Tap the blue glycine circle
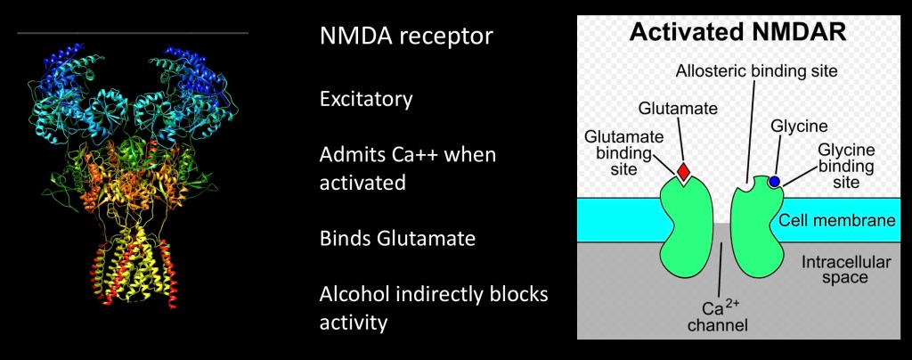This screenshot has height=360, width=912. pyautogui.click(x=774, y=182)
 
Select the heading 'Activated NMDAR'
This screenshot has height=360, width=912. pyautogui.click(x=738, y=35)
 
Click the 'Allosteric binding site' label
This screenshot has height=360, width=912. pyautogui.click(x=756, y=69)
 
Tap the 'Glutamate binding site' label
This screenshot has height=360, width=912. pyautogui.click(x=616, y=153)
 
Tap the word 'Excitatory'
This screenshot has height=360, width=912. pyautogui.click(x=366, y=98)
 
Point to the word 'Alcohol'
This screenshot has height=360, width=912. pyautogui.click(x=354, y=294)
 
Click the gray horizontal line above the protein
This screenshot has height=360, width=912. pyautogui.click(x=133, y=33)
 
